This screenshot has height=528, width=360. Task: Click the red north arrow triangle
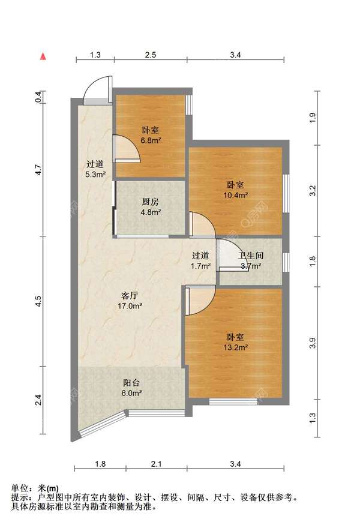click(43, 56)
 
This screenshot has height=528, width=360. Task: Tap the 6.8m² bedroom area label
click(151, 140)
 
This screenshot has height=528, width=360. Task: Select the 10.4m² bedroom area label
click(236, 194)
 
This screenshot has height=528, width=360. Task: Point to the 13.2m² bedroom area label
click(236, 347)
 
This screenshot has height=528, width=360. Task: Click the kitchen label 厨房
click(150, 202)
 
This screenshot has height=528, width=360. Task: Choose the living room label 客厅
click(130, 296)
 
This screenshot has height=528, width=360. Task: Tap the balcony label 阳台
click(131, 383)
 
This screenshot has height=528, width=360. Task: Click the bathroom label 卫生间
click(251, 256)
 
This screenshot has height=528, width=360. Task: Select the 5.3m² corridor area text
click(95, 175)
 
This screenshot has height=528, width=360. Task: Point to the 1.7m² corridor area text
click(201, 266)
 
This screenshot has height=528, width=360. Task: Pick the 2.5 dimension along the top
click(150, 55)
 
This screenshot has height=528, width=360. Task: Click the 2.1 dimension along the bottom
click(156, 464)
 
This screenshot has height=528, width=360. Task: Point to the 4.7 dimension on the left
click(39, 169)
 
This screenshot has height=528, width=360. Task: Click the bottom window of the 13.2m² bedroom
click(233, 401)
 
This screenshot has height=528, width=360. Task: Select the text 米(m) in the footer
click(48, 488)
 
